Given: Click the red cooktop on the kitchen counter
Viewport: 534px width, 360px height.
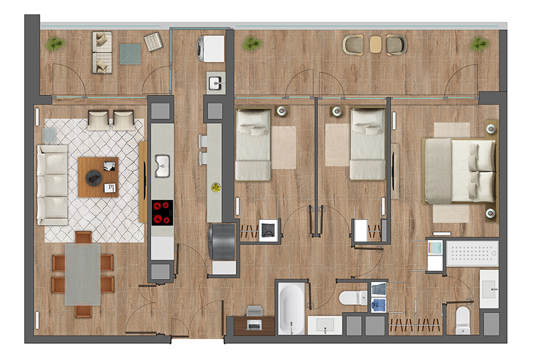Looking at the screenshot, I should pyautogui.click(x=162, y=212).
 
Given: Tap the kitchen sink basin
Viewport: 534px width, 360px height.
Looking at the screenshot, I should pyautogui.click(x=162, y=166).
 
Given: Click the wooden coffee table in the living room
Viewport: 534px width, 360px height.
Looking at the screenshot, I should pyautogui.click(x=98, y=177).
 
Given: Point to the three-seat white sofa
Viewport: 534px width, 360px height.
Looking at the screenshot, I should pyautogui.click(x=53, y=184).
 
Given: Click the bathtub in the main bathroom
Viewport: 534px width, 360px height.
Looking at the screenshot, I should pyautogui.click(x=292, y=308).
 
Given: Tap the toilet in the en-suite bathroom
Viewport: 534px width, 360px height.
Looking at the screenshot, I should pyautogui.click(x=463, y=320).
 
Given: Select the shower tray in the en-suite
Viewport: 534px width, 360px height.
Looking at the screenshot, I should pyautogui.click(x=473, y=253).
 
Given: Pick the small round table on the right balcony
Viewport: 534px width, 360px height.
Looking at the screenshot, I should pyautogui.click(x=376, y=44).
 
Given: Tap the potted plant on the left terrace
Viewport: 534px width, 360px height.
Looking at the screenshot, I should pyautogui.click(x=55, y=43).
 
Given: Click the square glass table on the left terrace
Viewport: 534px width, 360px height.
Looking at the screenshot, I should pyautogui.click(x=130, y=54).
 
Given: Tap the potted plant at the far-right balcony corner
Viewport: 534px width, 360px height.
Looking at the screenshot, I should pyautogui.click(x=479, y=44).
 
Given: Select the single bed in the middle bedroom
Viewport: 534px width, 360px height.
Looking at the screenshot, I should pyautogui.click(x=367, y=144).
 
